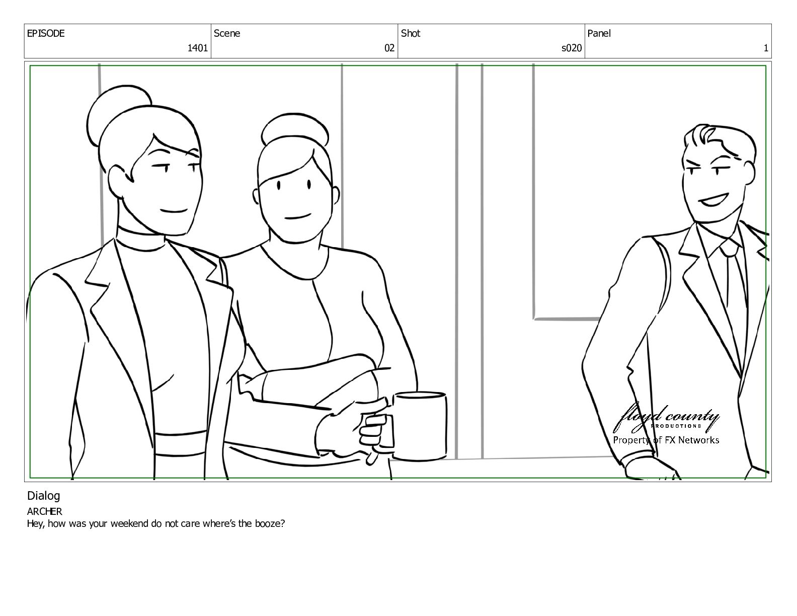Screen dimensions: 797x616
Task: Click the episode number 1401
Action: click(197, 48)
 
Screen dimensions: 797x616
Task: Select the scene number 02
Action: click(389, 48)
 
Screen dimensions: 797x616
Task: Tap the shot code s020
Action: click(572, 48)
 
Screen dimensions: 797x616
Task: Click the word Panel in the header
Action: click(599, 33)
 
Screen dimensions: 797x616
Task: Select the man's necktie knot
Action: click(730, 249)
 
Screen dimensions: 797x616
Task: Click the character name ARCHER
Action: click(44, 511)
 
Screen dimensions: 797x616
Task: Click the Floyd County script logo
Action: click(666, 417)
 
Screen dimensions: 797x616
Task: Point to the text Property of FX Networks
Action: click(666, 440)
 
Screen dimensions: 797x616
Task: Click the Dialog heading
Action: click(43, 496)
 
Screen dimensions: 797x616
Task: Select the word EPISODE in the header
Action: click(45, 33)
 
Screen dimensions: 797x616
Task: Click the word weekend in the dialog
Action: click(129, 523)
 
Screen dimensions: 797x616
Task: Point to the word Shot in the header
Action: click(411, 33)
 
